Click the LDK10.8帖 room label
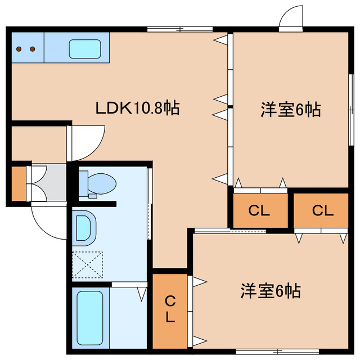pos(137,107)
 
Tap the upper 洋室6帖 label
pos(290,110)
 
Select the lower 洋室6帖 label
pos(271,291)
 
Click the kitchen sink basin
pos(85,49)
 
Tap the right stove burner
pos(33,49)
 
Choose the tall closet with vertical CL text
pos(170,310)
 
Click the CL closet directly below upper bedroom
pos(259,211)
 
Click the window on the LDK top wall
pos(180,28)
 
